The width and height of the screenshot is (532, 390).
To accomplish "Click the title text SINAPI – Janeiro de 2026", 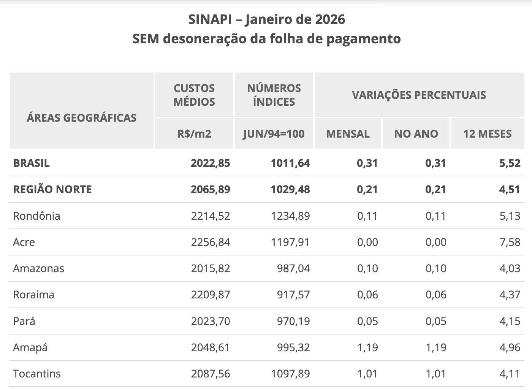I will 266,19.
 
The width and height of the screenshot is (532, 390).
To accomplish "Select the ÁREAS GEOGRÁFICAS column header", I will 82,118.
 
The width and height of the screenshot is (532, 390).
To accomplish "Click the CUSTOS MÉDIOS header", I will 194,95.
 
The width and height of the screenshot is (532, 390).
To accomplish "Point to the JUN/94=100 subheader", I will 274,134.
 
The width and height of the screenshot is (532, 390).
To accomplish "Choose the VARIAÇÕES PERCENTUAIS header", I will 419,95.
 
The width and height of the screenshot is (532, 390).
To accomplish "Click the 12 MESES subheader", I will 487,134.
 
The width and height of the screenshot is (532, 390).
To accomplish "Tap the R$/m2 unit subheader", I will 194,134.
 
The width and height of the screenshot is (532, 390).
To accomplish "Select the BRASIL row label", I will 32,163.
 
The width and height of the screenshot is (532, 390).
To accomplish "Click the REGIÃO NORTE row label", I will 52,189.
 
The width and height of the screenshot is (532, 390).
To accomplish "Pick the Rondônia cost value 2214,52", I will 211,216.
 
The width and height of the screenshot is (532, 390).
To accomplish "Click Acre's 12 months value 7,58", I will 510,242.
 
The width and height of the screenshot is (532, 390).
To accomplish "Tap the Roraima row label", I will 33,295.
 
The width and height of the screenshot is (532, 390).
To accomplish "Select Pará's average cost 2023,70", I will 211,321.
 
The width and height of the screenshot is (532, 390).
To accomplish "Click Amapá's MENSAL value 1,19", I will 367,347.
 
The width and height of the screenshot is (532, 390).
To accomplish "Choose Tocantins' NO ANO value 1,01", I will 435,374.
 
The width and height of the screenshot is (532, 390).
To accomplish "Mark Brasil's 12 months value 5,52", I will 510,163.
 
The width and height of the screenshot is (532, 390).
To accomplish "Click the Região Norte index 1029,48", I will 290,189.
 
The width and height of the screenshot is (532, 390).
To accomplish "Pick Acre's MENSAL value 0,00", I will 367,242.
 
